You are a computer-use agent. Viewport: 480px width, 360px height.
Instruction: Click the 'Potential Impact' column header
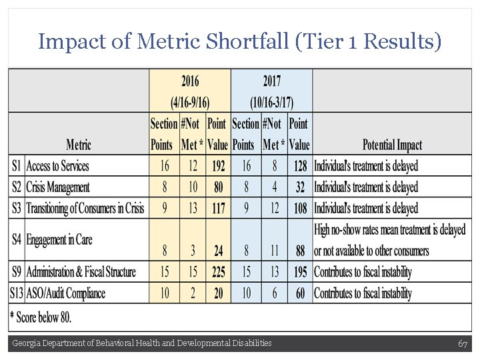pyautogui.click(x=391, y=145)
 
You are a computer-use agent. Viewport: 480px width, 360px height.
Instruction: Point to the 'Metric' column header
pyautogui.click(x=79, y=145)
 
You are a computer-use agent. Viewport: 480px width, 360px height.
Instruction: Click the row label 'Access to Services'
pyautogui.click(x=57, y=166)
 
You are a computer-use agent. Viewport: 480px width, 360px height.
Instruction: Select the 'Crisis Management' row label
pyautogui.click(x=58, y=187)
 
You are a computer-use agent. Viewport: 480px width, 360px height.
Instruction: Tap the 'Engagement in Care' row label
pyautogui.click(x=59, y=239)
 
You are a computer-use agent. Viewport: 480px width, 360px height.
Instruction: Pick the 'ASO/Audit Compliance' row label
pyautogui.click(x=66, y=293)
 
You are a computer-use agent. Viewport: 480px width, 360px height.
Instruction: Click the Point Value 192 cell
pyautogui.click(x=217, y=166)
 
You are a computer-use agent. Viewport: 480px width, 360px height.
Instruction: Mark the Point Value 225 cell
pyautogui.click(x=217, y=272)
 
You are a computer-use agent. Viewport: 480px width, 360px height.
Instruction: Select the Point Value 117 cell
pyautogui.click(x=217, y=209)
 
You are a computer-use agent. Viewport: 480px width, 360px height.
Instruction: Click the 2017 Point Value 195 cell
pyautogui.click(x=300, y=272)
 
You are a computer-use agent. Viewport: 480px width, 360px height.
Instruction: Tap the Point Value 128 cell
pyautogui.click(x=300, y=166)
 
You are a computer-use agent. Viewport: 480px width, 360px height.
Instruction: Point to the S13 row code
pyautogui.click(x=17, y=293)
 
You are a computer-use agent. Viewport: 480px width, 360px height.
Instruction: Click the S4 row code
pyautogui.click(x=17, y=239)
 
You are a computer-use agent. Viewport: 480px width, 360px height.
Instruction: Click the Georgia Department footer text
pyautogui.click(x=142, y=343)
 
